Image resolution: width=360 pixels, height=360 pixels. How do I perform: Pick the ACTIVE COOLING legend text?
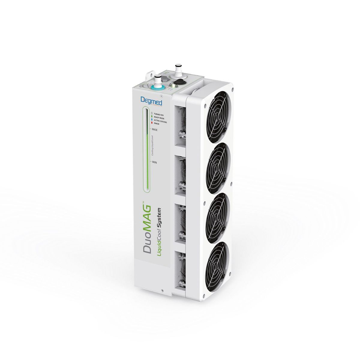pyautogui.click(x=160, y=120)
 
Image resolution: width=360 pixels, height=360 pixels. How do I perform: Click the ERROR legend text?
pyautogui.click(x=157, y=123)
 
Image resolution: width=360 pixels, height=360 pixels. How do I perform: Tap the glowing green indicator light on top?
pyautogui.click(x=172, y=85)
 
